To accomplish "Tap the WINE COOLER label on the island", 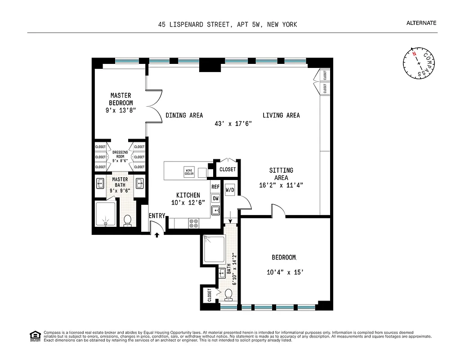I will click(189, 171).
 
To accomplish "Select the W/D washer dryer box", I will click(229, 190).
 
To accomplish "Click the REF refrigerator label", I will click(215, 186).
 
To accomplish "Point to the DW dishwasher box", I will click(215, 198).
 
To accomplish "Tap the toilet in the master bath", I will click(127, 220).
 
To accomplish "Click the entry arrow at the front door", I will click(156, 234).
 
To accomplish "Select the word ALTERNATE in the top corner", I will click(421, 23).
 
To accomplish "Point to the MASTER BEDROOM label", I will click(121, 99).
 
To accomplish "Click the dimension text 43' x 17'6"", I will click(232, 124).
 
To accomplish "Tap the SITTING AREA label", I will click(281, 174).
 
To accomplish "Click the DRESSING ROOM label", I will click(120, 155).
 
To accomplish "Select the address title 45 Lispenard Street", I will click(228, 25).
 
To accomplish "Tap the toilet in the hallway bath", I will click(228, 294).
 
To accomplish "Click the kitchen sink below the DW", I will click(215, 210).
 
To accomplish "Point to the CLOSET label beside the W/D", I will click(228, 170).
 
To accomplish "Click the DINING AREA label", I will click(184, 115).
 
